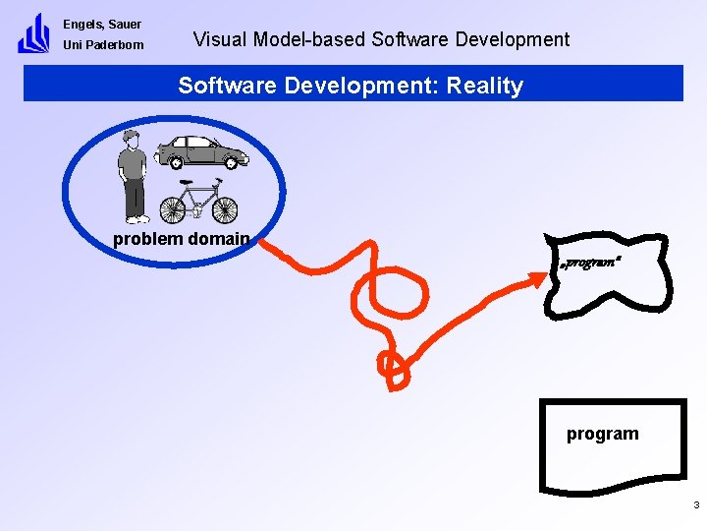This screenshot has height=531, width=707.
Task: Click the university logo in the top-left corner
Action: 33,33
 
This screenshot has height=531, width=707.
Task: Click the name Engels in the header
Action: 82,24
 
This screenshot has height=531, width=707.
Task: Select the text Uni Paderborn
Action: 103,45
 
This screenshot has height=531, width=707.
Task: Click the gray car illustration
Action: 202,152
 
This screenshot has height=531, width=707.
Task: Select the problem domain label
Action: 182,239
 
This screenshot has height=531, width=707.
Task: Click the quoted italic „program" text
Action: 589,264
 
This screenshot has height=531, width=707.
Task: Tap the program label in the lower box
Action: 602,434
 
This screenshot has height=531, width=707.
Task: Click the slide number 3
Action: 695,505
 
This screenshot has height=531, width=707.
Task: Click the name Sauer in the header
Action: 125,24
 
